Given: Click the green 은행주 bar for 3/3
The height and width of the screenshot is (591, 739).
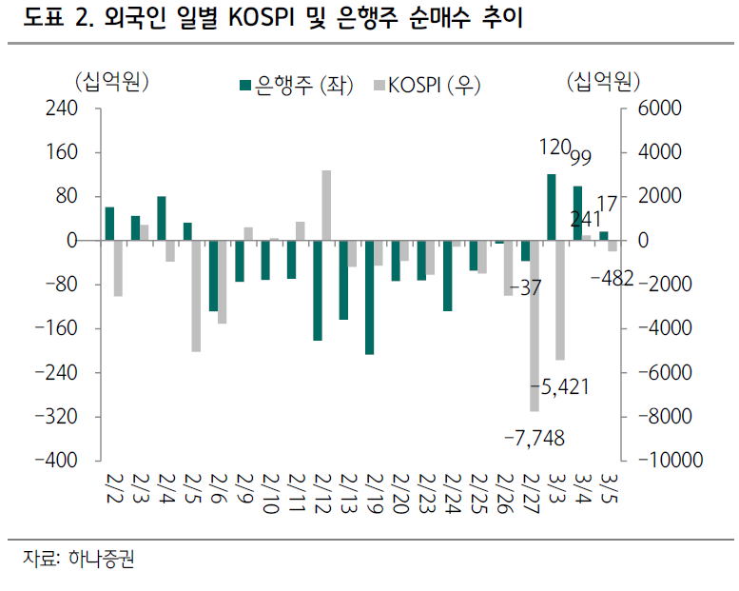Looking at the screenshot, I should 551,207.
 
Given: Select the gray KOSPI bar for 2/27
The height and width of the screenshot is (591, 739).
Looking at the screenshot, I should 535,325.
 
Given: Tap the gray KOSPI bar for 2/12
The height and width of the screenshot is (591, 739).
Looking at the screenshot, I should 326,205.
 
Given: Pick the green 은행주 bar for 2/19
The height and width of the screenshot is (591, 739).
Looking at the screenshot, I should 369,297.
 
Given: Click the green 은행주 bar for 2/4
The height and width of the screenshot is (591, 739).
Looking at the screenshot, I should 162,218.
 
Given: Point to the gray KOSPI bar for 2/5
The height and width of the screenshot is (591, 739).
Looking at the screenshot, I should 196,296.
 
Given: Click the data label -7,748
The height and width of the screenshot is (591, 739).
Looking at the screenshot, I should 534,437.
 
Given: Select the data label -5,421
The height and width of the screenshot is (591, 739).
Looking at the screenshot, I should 560,386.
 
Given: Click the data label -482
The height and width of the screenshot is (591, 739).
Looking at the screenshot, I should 613,280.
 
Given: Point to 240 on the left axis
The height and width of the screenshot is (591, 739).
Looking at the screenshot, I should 59,108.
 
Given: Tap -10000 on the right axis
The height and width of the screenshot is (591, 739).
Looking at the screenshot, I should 671,461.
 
